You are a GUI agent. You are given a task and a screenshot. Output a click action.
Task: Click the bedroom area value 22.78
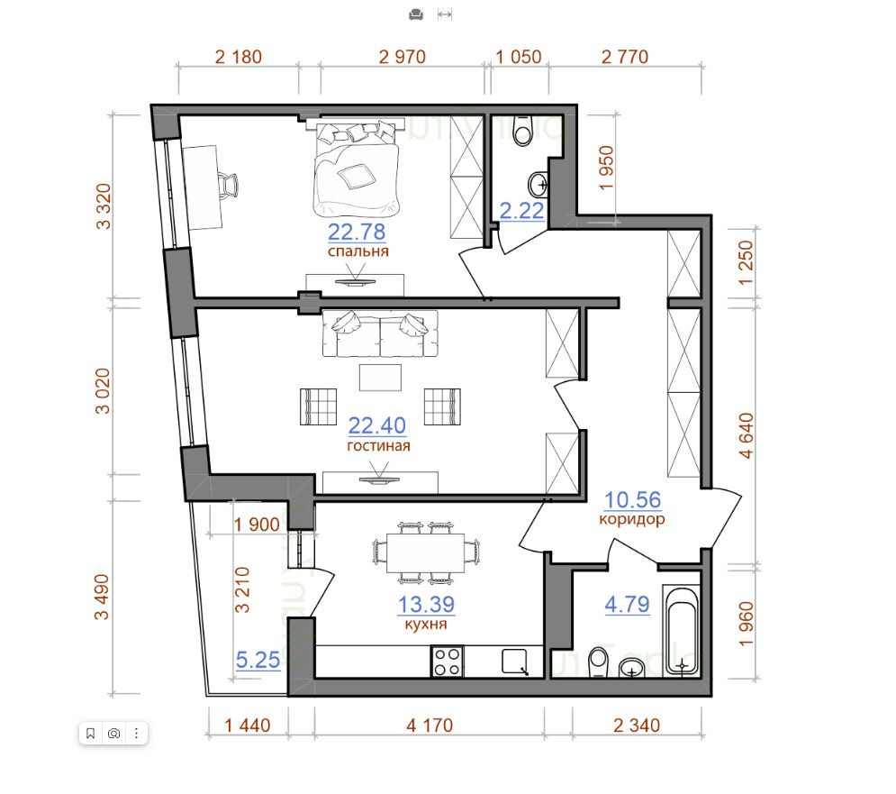tap(357, 232)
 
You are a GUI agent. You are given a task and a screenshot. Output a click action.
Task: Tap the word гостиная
tap(378, 445)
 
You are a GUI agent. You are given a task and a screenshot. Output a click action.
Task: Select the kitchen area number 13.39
tap(426, 604)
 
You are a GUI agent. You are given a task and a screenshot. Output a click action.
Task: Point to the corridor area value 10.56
tap(632, 500)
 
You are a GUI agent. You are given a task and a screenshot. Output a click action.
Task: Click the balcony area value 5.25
tap(258, 660)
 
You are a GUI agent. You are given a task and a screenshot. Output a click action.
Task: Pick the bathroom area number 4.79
tap(627, 604)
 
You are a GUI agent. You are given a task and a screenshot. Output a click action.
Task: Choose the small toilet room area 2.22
tap(521, 211)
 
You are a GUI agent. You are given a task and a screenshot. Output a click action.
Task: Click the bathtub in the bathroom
tap(681, 630)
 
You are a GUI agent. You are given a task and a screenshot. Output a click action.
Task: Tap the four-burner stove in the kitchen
tap(447, 662)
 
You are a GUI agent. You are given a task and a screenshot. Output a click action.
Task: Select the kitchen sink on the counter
tap(515, 662)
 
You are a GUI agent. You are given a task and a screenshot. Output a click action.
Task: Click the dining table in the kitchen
tap(426, 552)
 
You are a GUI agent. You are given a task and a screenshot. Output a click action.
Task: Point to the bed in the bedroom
tap(355, 168)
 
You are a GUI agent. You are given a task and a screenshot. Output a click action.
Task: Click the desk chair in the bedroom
tap(229, 185)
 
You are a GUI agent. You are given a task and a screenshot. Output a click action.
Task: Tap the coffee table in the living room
tap(380, 378)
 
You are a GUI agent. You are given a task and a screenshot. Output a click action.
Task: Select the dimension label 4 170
tap(430, 726)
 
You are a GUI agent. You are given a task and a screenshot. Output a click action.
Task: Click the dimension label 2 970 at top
tap(403, 57)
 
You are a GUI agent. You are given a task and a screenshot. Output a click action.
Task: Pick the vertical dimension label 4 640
tap(747, 435)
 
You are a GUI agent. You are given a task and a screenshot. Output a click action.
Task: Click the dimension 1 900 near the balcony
tap(257, 524)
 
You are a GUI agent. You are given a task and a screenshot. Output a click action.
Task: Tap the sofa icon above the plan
tap(416, 15)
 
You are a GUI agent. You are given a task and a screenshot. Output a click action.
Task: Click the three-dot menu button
tap(136, 734)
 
